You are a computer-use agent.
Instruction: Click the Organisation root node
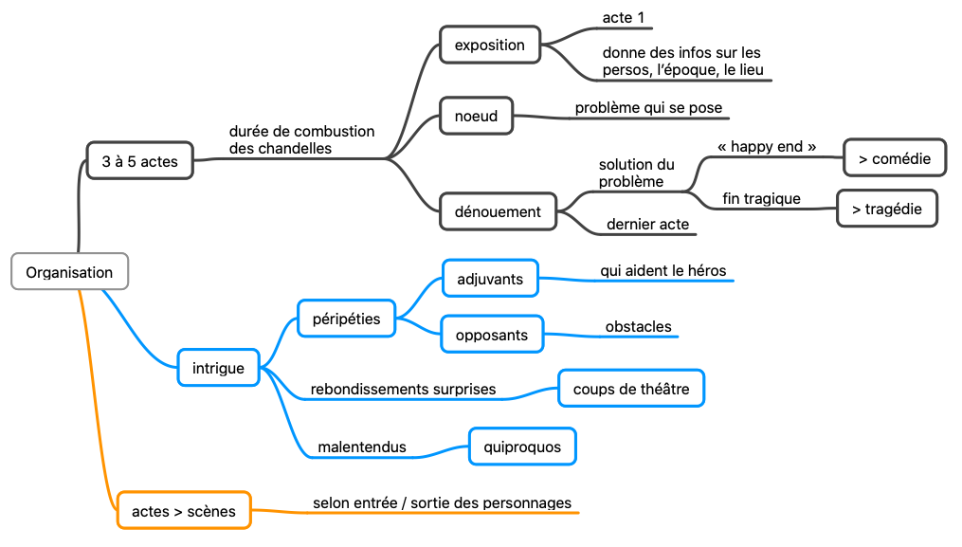(69, 272)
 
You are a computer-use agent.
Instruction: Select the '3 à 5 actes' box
(139, 161)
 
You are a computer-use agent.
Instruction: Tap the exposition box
(489, 45)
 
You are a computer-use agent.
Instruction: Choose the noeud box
(476, 116)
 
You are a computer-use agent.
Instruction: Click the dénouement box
(498, 211)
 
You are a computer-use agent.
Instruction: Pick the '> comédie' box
(894, 158)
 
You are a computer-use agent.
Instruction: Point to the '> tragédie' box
(886, 209)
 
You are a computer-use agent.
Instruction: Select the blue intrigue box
(218, 368)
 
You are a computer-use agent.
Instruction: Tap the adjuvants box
(489, 279)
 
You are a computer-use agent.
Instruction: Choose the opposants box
(491, 334)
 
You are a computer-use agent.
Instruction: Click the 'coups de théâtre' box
(630, 389)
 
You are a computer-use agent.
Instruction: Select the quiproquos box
(522, 447)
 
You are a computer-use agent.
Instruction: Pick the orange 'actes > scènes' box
(184, 511)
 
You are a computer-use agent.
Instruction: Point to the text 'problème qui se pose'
(648, 108)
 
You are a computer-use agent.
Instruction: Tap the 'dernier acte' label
(648, 226)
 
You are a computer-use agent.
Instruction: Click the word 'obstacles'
(638, 327)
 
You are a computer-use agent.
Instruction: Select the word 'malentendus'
(362, 447)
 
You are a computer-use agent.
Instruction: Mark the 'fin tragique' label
(761, 198)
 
